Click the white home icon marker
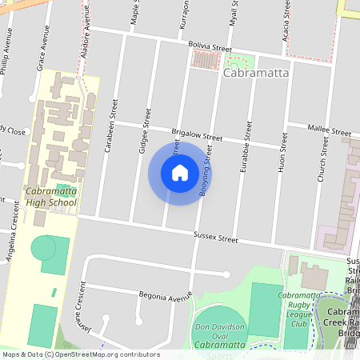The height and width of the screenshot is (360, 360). point(180,173)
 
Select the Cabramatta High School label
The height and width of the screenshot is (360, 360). point(50,197)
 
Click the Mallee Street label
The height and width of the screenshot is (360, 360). point(330,130)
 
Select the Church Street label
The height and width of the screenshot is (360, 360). point(323,158)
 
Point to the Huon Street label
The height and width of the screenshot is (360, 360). point(282,158)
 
